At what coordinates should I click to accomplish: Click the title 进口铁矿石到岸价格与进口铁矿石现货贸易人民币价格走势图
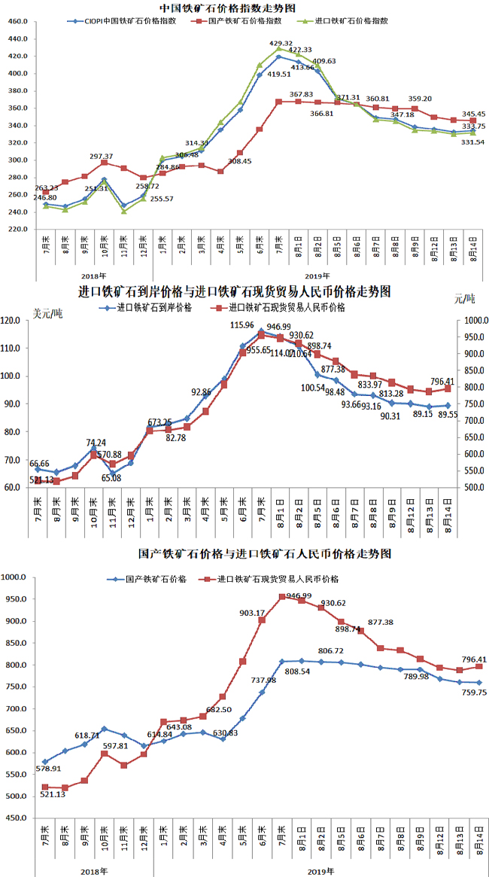pyautogui.click(x=235, y=291)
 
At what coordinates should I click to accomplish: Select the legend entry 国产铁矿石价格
pyautogui.click(x=151, y=579)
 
